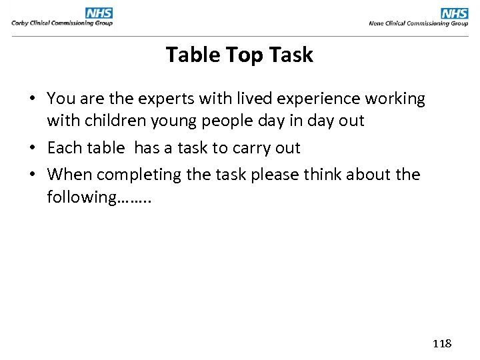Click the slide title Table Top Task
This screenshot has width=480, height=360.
pos(239,55)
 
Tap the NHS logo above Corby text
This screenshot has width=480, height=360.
pos(99,13)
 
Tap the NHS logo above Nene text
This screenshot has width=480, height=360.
pos(455,13)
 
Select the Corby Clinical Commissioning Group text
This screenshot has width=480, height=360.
pos(62,23)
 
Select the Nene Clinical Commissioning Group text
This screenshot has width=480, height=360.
pos(419,23)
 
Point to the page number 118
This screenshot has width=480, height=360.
pos(442,343)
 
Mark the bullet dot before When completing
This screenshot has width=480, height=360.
pos(33,175)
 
